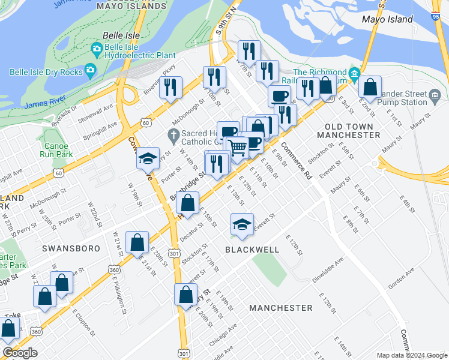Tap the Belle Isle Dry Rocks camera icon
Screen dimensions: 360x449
point(91,70)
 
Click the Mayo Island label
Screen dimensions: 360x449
point(387,19)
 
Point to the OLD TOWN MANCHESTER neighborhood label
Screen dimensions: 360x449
point(352,131)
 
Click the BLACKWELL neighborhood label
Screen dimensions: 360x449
point(252,249)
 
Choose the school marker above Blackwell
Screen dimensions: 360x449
point(242,225)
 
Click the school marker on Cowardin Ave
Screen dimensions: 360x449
point(148,159)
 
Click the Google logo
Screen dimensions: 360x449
point(20,353)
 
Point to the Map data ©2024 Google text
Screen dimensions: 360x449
point(412,355)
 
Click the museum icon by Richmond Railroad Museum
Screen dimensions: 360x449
point(354,77)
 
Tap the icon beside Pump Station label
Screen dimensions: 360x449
point(435,95)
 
